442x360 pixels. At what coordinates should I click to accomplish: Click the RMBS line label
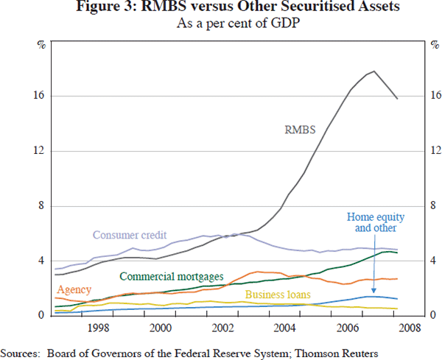pos(300,130)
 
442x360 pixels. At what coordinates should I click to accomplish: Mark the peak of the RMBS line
pos(375,71)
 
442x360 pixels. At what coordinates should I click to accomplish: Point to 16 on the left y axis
pos(40,96)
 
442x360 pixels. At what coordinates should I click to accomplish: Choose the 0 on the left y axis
pos(43,316)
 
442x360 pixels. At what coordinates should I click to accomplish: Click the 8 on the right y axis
pos(432,206)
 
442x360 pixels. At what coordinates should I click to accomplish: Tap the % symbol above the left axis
pos(41,45)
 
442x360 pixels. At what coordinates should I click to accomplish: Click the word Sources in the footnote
pos(21,353)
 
